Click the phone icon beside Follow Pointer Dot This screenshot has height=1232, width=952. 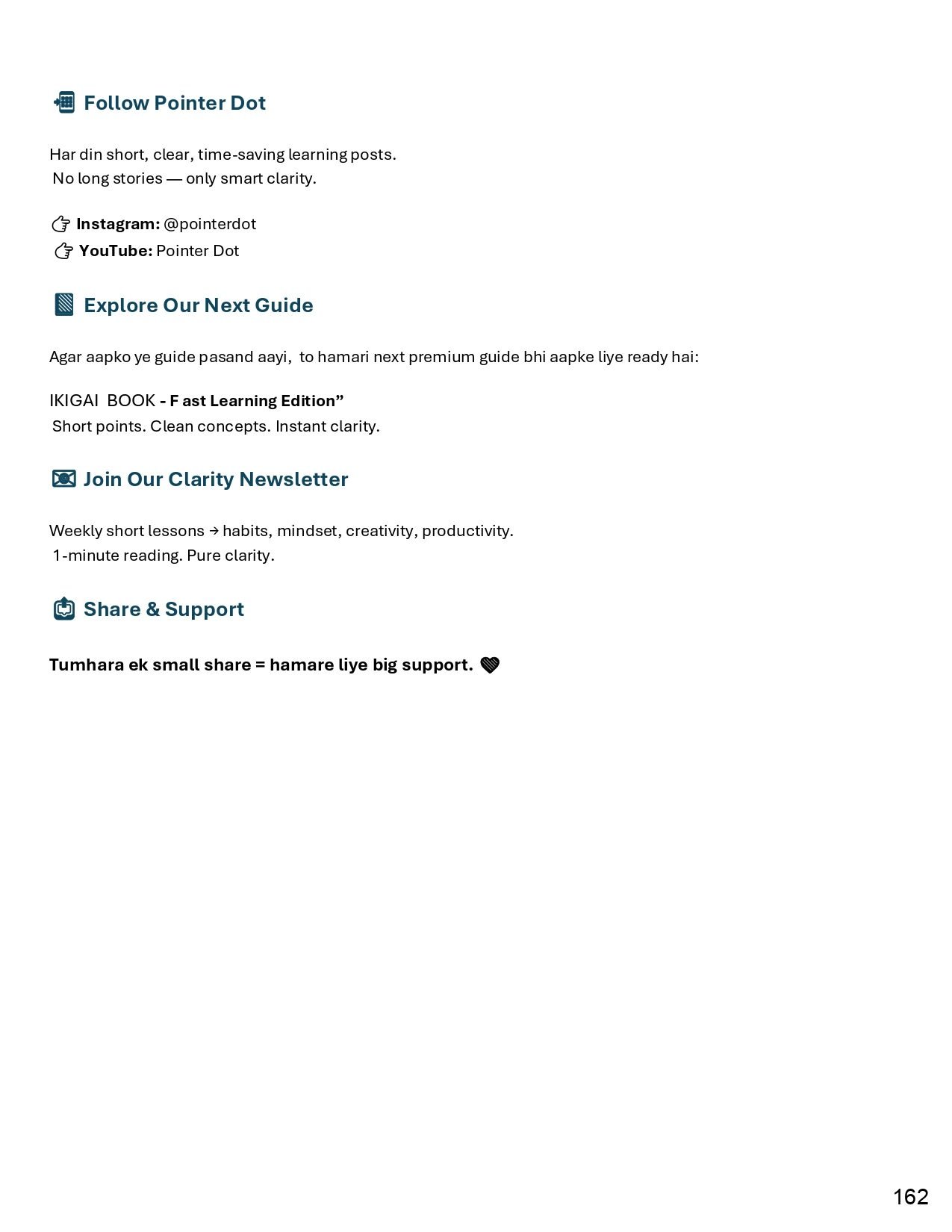click(x=64, y=102)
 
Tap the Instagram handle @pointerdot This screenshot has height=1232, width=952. click(x=210, y=224)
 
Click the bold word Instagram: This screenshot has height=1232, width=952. click(x=118, y=224)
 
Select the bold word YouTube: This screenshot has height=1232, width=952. click(x=116, y=251)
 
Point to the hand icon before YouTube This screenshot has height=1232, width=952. click(x=64, y=251)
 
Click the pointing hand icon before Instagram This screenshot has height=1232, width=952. click(x=61, y=224)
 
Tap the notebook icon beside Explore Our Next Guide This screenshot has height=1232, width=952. click(x=64, y=305)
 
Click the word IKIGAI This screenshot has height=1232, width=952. click(x=74, y=401)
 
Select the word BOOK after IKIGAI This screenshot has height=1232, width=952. click(x=131, y=401)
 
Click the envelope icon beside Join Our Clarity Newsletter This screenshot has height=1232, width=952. click(x=64, y=479)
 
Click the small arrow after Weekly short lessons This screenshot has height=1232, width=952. click(x=214, y=531)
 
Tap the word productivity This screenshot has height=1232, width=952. click(x=467, y=531)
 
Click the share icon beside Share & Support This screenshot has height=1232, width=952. click(x=64, y=609)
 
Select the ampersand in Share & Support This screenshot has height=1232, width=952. click(x=152, y=609)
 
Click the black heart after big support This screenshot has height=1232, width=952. click(x=490, y=665)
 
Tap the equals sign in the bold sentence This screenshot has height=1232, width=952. click(x=260, y=665)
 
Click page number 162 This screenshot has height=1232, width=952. click(x=910, y=1197)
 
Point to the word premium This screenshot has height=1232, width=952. click(x=441, y=357)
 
